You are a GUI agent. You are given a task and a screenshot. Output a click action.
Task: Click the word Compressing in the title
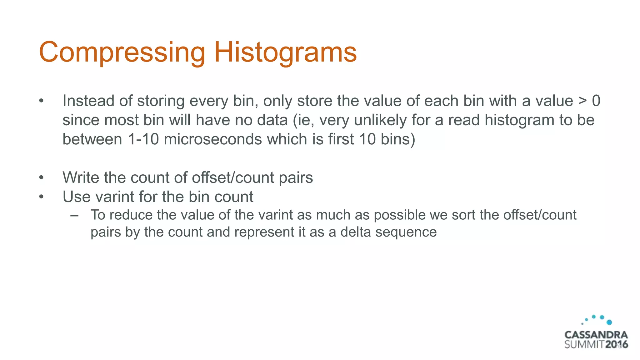coord(122,52)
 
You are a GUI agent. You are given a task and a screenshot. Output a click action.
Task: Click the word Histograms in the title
coord(285,52)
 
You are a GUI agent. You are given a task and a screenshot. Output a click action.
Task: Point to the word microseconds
coord(213,139)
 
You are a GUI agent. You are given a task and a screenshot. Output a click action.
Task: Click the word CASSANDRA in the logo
coord(596,335)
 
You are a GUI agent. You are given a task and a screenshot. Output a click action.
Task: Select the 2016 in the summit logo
coord(616,345)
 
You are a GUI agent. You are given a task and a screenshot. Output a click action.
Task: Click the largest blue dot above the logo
coord(609,322)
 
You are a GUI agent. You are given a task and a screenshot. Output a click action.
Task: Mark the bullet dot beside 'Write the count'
coord(41,178)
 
